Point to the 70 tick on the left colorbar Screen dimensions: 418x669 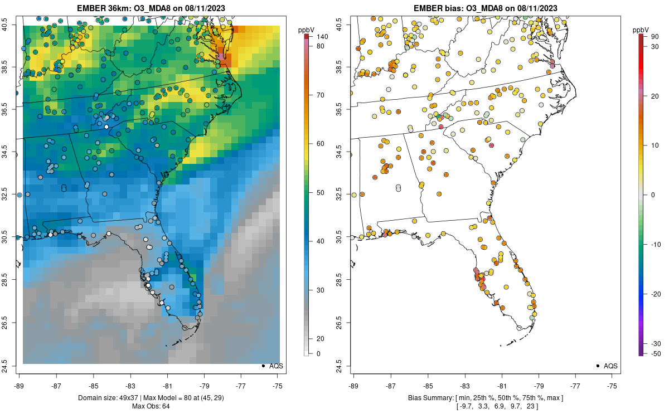pos(321,95)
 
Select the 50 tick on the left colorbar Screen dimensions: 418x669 pos(321,193)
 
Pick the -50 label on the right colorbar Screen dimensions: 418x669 pos(655,353)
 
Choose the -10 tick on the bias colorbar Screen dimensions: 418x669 pos(655,244)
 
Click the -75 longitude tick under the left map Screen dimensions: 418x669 pos(278,385)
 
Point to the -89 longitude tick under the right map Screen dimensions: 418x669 pos(354,385)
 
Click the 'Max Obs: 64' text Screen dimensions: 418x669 pos(151,406)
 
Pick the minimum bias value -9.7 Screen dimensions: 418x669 pos(464,406)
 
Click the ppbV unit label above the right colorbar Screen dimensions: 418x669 pos(642,29)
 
